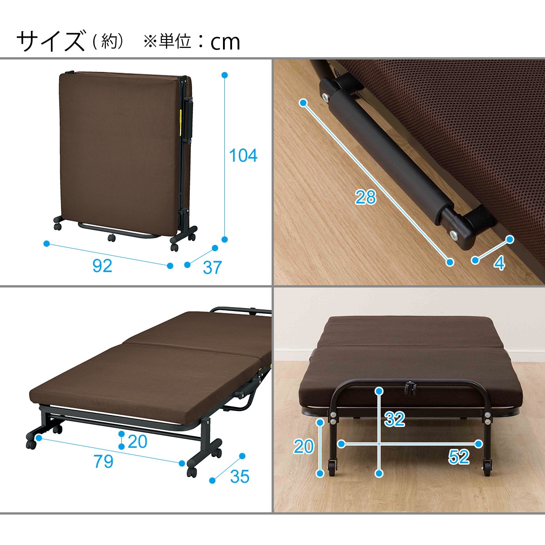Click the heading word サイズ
[x=50, y=41]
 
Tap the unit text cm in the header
[x=225, y=42]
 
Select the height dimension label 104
[x=243, y=156]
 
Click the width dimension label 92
[x=102, y=266]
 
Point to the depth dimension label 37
[x=212, y=268]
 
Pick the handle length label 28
[x=366, y=198]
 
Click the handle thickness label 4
[x=499, y=263]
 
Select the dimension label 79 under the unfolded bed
[x=103, y=461]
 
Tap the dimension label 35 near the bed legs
[x=239, y=476]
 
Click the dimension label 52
[x=458, y=457]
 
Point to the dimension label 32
[x=394, y=419]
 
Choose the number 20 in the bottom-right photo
[x=303, y=446]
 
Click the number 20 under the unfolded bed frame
[x=137, y=441]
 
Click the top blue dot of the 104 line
[x=224, y=75]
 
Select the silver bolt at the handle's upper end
[x=326, y=96]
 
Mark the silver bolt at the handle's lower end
[x=453, y=234]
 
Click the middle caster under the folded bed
[x=111, y=237]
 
